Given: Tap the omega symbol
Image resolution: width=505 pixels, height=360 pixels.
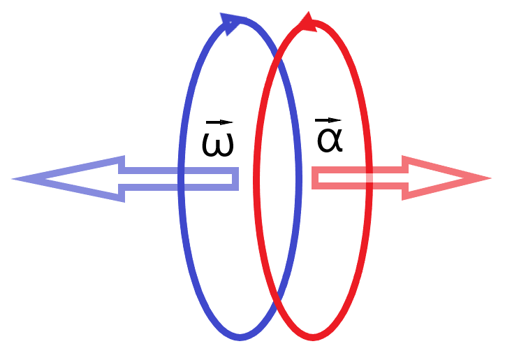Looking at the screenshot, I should (217, 144).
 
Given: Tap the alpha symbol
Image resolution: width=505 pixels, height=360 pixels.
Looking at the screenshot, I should (329, 140).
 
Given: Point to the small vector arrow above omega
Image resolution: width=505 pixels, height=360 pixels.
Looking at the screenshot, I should (217, 123).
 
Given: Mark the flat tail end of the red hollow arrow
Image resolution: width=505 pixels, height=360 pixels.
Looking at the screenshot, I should (313, 178).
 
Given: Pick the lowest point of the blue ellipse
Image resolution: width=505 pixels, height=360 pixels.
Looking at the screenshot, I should (240, 338).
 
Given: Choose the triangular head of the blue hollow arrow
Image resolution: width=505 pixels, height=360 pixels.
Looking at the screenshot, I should (77, 178).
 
